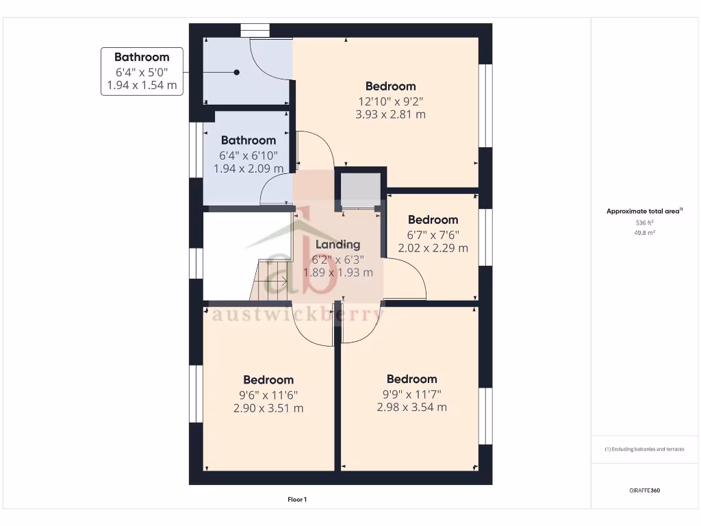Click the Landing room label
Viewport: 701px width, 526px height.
tap(337, 245)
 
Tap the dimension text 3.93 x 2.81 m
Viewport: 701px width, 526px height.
tap(390, 114)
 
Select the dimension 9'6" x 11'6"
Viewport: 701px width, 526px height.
tap(268, 394)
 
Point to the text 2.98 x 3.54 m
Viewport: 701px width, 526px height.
tap(411, 407)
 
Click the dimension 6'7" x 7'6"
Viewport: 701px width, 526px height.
tap(433, 234)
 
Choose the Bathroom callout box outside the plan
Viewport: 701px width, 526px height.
tap(142, 71)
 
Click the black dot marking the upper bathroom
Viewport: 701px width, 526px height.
tap(237, 72)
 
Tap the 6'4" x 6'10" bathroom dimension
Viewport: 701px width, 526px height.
tap(248, 155)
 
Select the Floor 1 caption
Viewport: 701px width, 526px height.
tap(297, 500)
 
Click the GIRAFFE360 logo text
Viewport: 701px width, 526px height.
tap(645, 490)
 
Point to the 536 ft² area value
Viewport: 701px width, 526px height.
tap(644, 223)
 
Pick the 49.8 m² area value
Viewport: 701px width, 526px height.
tap(644, 233)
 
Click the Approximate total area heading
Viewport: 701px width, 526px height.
tap(644, 212)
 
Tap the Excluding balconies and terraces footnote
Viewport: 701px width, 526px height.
tap(644, 449)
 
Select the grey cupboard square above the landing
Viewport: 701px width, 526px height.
tap(360, 189)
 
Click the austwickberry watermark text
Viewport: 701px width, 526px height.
tap(298, 314)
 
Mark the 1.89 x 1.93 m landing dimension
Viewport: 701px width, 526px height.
tap(338, 272)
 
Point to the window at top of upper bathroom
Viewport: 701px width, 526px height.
tap(255, 29)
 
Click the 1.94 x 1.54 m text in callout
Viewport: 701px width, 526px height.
tap(142, 86)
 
